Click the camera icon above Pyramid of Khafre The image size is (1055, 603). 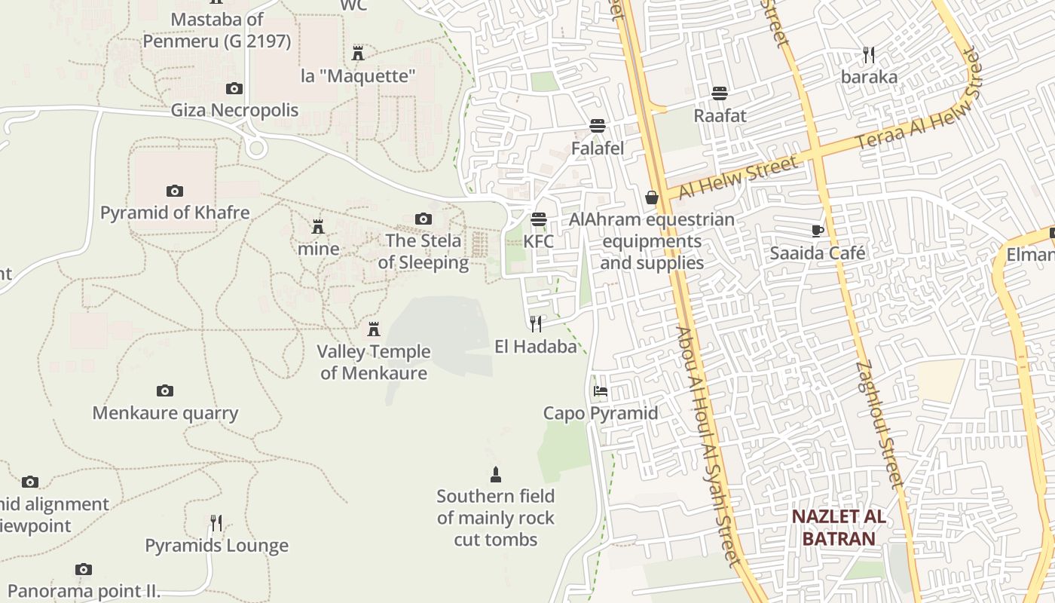tap(175, 191)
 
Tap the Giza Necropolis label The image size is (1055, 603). tap(234, 110)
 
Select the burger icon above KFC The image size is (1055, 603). tap(538, 219)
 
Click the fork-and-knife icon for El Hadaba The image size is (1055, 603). tap(536, 324)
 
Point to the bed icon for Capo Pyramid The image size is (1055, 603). tap(601, 390)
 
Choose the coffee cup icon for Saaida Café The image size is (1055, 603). tap(818, 231)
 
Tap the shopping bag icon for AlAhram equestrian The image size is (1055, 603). tap(652, 197)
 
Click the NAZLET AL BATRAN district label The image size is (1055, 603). tap(839, 528)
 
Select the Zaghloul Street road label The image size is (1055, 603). tap(879, 424)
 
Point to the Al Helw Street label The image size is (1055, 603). tap(738, 178)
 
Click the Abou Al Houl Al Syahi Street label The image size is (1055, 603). tap(708, 445)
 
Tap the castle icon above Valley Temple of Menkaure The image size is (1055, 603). tap(373, 329)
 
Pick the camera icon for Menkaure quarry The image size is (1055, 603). tap(165, 390)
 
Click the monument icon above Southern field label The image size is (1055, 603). tap(495, 475)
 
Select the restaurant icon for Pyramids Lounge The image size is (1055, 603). tap(216, 522)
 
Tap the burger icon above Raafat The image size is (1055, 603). tap(720, 93)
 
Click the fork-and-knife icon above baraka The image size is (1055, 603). tap(869, 54)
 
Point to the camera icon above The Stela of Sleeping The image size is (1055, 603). tap(424, 219)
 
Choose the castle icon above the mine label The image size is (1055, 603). tap(318, 227)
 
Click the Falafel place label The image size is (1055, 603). tap(598, 148)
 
